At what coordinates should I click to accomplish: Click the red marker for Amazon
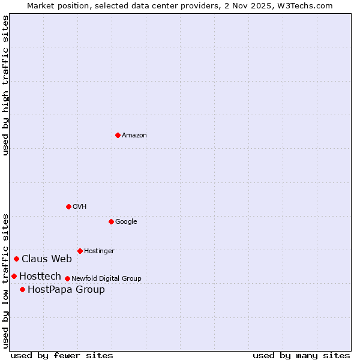(x=118, y=135)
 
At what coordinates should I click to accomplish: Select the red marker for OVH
(x=68, y=206)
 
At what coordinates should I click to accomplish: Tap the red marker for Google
(x=111, y=221)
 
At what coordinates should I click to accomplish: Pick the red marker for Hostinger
(x=80, y=251)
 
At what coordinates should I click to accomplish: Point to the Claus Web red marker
(x=16, y=259)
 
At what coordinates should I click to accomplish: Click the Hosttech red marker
(x=14, y=276)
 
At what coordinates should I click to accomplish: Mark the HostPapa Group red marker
(x=22, y=289)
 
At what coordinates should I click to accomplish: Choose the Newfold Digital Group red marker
(x=67, y=278)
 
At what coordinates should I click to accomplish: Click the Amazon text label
(x=134, y=136)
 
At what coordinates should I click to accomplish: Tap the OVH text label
(x=80, y=207)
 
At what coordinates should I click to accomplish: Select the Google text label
(x=126, y=222)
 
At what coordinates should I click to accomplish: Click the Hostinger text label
(x=99, y=251)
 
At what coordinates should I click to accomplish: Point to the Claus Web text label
(x=47, y=259)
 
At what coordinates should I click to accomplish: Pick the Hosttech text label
(x=40, y=277)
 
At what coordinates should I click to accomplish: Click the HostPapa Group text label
(x=66, y=290)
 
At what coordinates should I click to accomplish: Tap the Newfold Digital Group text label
(x=106, y=279)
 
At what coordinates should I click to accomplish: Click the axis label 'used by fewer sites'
(x=62, y=355)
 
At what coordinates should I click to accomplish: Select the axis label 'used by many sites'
(x=301, y=355)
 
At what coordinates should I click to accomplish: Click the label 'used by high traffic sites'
(x=5, y=85)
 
